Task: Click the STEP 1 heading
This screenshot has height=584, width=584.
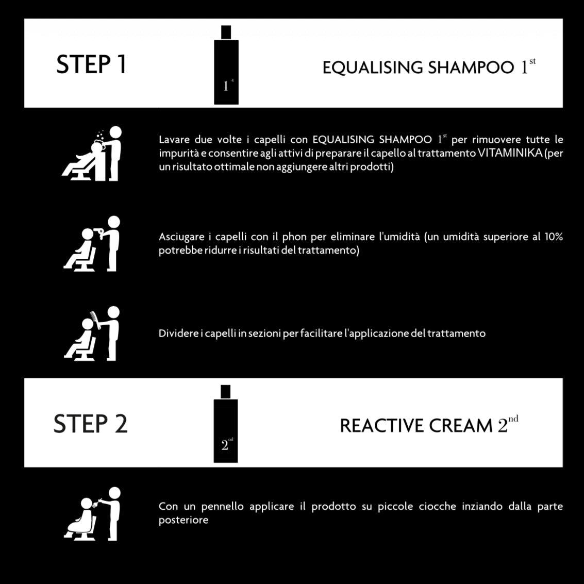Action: [91, 64]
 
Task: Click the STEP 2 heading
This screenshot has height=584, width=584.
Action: [91, 424]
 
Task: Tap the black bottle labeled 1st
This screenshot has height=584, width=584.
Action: [226, 65]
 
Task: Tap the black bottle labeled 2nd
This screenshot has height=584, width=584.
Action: [226, 424]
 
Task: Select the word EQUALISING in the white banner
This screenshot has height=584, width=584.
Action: [373, 68]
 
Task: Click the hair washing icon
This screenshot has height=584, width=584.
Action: [92, 154]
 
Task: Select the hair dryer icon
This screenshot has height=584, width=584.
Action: [92, 244]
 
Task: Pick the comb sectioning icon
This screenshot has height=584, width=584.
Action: [92, 333]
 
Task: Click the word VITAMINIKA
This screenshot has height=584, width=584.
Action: [509, 153]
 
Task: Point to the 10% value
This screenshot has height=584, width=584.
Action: [554, 237]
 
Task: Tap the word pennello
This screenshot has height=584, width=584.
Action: [222, 507]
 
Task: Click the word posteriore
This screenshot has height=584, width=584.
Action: [183, 520]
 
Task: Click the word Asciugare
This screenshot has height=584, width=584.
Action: [181, 237]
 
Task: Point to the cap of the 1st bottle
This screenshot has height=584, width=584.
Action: [226, 32]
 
